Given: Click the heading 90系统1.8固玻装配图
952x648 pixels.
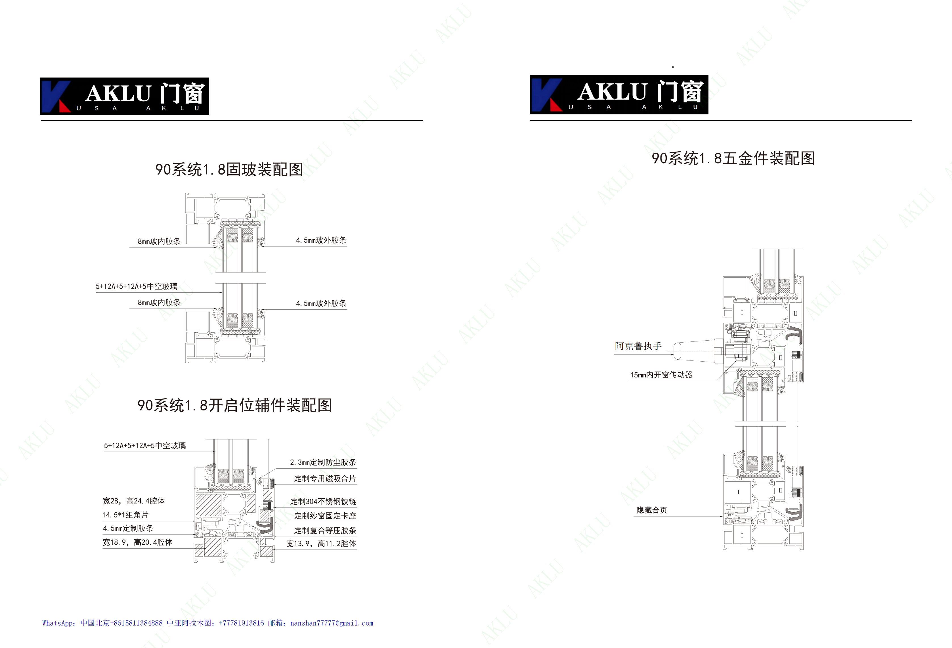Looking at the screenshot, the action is [x=229, y=169].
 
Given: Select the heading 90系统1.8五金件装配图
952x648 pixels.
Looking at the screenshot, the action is [x=733, y=158].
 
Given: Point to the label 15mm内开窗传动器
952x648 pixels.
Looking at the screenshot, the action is [x=661, y=375].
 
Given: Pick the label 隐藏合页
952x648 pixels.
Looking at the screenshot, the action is [x=652, y=510].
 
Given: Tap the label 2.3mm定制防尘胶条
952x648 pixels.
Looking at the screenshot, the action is [x=323, y=462].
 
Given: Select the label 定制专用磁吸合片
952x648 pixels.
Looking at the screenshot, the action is [x=325, y=479].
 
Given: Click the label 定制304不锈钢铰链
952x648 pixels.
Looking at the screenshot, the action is [x=323, y=501].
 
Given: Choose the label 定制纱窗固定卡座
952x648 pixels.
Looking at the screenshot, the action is [x=325, y=516].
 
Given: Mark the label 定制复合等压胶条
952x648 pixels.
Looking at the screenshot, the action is [x=325, y=530].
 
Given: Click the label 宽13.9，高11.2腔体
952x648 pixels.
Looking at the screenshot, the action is [x=321, y=544].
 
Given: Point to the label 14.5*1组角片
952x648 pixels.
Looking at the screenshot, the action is [x=125, y=515].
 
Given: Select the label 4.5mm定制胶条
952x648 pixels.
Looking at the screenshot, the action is [x=128, y=529].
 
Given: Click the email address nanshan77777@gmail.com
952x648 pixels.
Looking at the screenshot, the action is [x=332, y=623].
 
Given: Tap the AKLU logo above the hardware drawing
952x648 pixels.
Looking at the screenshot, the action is [x=619, y=95].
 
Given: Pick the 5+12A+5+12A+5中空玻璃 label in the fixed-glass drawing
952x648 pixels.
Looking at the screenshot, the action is [x=137, y=286].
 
